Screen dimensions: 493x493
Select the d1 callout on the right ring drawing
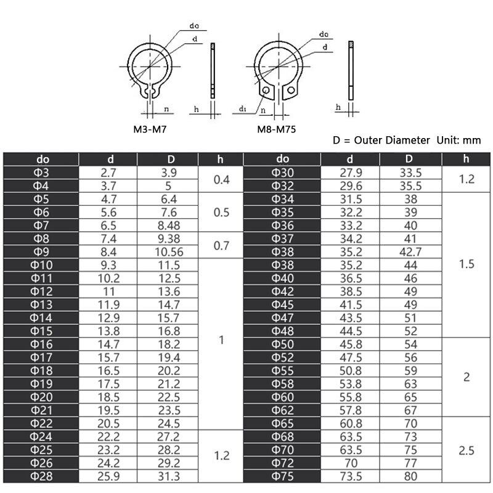pos(242,110)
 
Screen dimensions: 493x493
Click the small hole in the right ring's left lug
pos(266,92)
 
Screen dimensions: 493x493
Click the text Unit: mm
pos(458,140)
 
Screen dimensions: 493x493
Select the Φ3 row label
pos(41,173)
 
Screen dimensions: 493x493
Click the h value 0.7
pos(221,245)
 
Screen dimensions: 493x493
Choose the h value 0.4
pos(221,179)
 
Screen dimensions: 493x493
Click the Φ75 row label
pos(283,476)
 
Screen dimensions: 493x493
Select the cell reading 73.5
pos(349,476)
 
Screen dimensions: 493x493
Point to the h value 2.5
pos(466,450)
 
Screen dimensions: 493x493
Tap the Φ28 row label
pos(41,476)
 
